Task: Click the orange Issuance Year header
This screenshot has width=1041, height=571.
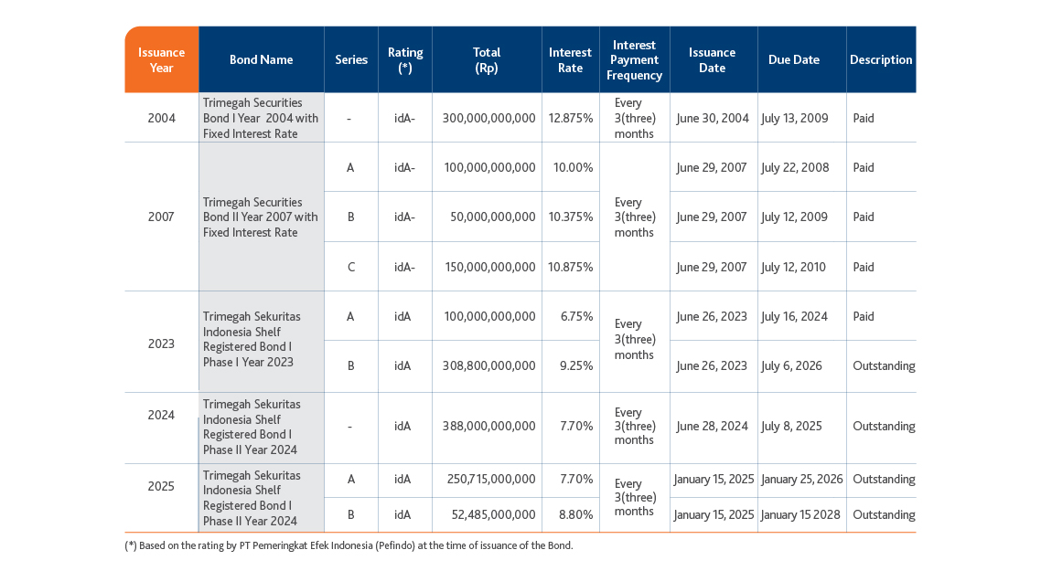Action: click(x=161, y=59)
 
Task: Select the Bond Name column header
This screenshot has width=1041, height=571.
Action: click(x=261, y=59)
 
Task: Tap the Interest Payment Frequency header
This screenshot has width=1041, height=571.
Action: click(x=634, y=59)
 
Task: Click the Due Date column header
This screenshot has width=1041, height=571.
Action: click(x=794, y=59)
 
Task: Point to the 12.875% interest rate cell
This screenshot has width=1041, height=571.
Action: click(x=570, y=118)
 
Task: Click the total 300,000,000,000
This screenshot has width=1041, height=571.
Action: click(x=488, y=118)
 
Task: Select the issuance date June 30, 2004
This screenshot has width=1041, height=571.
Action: click(x=713, y=118)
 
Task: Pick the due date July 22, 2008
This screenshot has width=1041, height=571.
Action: click(x=795, y=167)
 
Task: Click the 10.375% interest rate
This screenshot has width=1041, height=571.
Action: click(x=570, y=217)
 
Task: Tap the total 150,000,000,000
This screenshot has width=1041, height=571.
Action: click(x=490, y=268)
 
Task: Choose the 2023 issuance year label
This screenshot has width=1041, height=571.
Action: click(x=161, y=344)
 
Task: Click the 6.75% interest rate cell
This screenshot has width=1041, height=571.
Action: click(x=576, y=316)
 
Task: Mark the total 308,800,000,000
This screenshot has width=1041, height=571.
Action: click(x=488, y=365)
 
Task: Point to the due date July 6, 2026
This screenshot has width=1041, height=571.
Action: click(x=791, y=365)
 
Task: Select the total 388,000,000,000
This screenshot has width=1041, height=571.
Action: click(x=488, y=426)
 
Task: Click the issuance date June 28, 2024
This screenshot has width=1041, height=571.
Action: click(x=712, y=426)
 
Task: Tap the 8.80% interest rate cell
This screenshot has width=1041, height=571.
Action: click(x=576, y=514)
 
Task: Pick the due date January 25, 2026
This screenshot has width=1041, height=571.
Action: click(x=802, y=479)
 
